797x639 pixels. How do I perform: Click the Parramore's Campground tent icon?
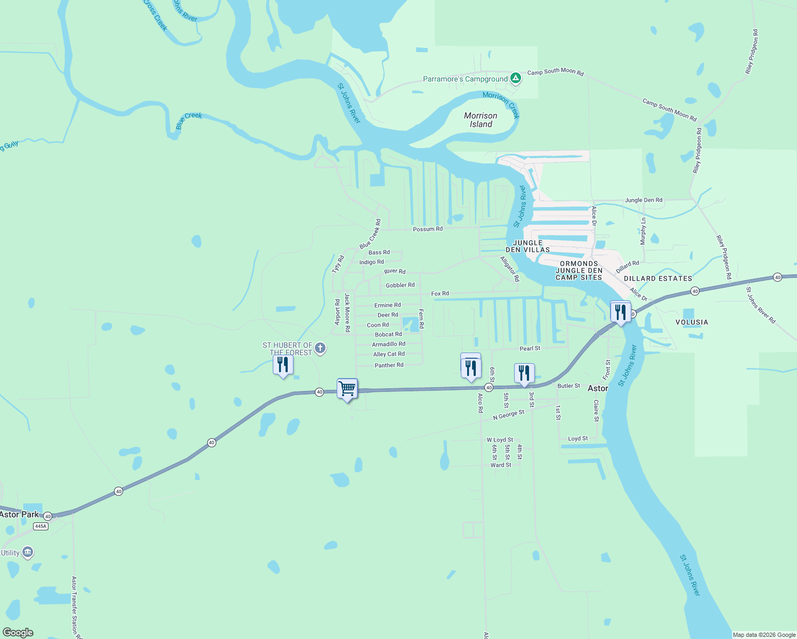coord(515,78)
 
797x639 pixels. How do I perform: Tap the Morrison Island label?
coord(481,120)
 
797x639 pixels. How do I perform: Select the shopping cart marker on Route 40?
coord(347,389)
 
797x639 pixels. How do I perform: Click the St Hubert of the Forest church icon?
coord(320,348)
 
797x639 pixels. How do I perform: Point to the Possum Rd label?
coord(427,229)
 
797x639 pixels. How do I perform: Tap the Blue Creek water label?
coord(189,120)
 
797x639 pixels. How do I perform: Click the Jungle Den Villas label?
coord(527,246)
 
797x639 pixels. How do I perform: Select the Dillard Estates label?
coord(658,278)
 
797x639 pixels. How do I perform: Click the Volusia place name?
coord(692,322)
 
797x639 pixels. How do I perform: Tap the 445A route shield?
coord(40,526)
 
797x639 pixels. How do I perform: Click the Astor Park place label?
coord(20,514)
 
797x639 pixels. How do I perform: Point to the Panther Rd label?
coord(389,365)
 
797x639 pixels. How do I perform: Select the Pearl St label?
coord(530,348)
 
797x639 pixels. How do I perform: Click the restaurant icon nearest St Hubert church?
coord(283,365)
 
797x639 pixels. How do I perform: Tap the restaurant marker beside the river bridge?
coord(620,313)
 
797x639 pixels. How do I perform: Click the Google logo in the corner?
coord(18,632)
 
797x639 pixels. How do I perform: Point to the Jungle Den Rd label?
coord(644,200)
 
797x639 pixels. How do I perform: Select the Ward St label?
coord(501,465)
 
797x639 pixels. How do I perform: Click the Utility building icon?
coord(28,552)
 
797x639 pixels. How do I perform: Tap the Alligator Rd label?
coord(509,268)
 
